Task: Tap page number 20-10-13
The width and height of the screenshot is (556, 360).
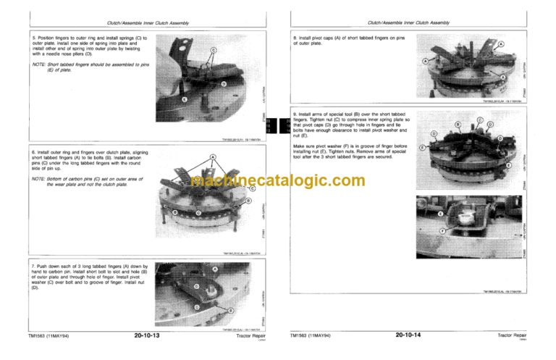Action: (x=147, y=336)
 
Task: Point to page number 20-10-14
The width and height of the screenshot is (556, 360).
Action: (x=409, y=336)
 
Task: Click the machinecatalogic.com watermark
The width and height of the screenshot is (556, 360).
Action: (x=279, y=180)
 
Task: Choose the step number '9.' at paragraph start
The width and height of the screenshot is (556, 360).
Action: (x=294, y=114)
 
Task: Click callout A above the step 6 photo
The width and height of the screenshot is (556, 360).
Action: (x=213, y=156)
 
